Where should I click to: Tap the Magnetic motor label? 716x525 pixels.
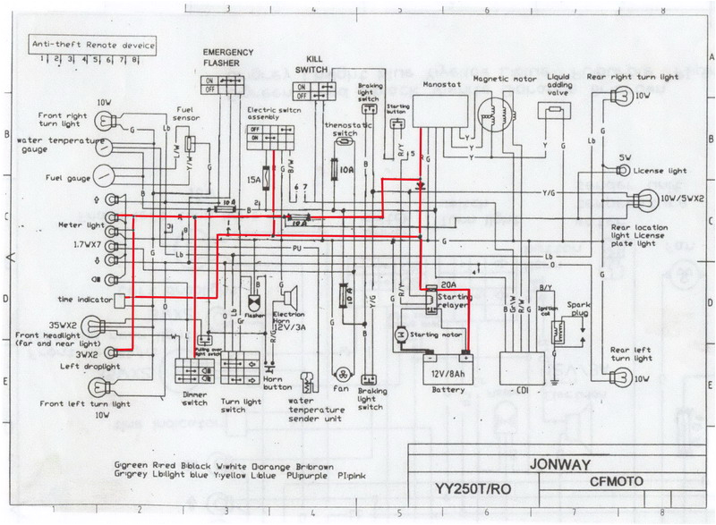coord(504,79)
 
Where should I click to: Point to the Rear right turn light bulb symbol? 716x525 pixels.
coord(642,96)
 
